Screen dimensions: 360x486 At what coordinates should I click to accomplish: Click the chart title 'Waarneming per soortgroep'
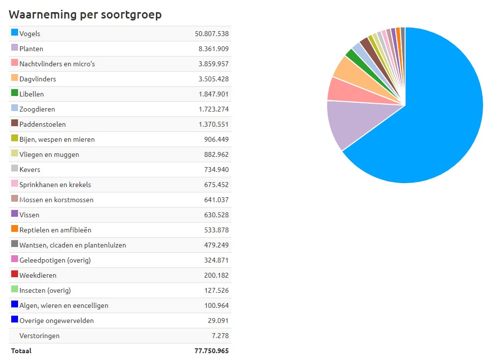point(85,15)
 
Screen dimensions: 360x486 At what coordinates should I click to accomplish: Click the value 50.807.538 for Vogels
point(212,34)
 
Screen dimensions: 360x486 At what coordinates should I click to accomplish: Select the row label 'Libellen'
point(32,94)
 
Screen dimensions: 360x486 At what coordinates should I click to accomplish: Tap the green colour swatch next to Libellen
point(15,93)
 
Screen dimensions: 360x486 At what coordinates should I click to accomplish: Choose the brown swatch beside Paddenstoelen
point(15,123)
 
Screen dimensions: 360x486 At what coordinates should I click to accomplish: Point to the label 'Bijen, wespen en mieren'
point(57,139)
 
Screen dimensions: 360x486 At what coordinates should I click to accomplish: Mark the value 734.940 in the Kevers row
point(216,170)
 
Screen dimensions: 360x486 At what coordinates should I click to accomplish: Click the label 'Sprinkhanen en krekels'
point(55,185)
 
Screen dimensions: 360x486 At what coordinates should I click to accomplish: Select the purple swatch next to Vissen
point(15,214)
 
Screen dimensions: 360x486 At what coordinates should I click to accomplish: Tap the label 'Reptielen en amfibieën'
point(55,230)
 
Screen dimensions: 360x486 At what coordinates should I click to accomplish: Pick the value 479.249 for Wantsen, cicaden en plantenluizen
point(216,245)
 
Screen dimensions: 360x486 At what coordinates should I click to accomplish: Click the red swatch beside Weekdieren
point(15,274)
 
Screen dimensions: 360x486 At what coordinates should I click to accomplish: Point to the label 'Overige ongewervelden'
point(57,321)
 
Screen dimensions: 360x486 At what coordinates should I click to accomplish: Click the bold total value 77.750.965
point(212,351)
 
